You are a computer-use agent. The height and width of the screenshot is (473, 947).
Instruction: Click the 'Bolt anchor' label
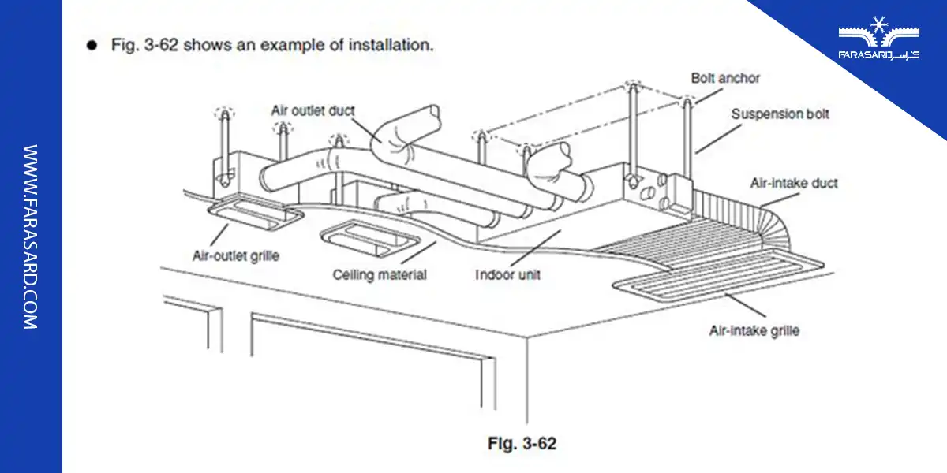725,79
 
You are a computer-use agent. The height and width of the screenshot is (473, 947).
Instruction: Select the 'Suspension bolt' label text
780,114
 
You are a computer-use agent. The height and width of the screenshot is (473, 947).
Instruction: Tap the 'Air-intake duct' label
793,184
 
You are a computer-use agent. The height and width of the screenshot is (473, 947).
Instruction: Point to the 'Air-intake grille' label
754,330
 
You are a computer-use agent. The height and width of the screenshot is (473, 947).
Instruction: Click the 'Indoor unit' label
507,275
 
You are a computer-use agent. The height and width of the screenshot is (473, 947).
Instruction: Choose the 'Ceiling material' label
379,275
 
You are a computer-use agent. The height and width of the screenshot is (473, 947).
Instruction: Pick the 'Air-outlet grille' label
235,255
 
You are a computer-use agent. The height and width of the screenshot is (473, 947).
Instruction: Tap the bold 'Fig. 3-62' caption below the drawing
522,444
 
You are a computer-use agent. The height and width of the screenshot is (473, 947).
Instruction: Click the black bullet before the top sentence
93,45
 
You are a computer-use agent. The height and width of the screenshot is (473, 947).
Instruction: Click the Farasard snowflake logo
878,32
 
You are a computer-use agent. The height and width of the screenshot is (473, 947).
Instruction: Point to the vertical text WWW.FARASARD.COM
30,236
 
